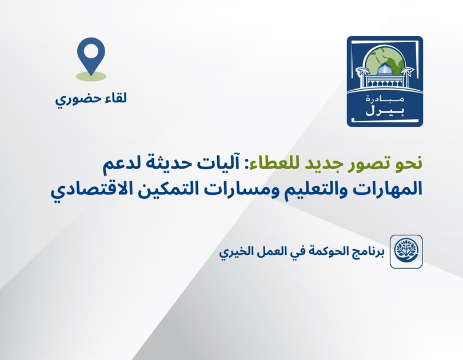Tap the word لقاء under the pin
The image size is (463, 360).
coord(113,98)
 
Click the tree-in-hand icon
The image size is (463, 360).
coord(406,251)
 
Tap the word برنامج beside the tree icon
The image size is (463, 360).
coord(363,252)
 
